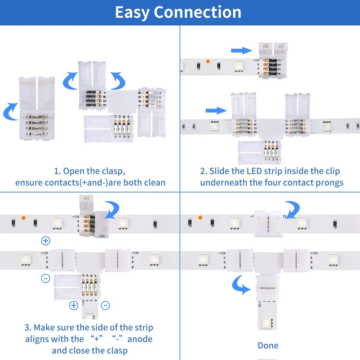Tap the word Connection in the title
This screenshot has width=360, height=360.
point(198,12)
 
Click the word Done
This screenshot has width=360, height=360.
point(268,346)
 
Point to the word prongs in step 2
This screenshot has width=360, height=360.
point(327,183)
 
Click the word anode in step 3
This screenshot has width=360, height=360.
point(140,339)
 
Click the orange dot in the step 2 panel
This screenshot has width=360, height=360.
point(208,62)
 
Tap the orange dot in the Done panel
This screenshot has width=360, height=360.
point(200,218)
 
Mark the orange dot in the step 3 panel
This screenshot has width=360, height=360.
point(23,218)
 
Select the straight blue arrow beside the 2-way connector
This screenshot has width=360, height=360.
point(242,50)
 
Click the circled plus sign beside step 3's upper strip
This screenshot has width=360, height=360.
point(46,241)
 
